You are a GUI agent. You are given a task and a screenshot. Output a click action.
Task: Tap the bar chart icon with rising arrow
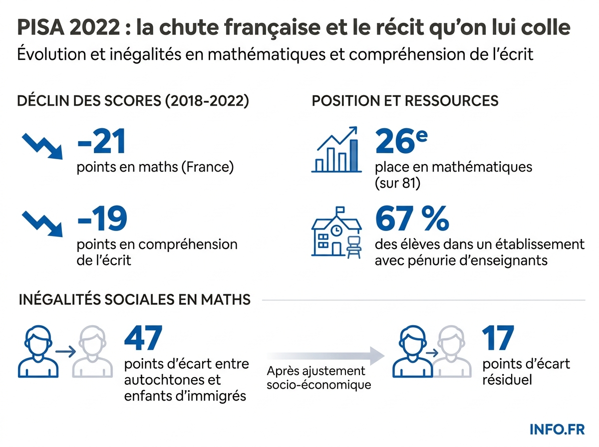(x=335, y=149)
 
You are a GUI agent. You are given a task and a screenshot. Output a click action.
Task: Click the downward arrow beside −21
(x=42, y=145)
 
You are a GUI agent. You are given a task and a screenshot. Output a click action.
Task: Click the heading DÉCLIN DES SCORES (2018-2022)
(x=133, y=101)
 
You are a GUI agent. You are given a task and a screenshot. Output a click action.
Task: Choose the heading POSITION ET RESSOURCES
(x=405, y=101)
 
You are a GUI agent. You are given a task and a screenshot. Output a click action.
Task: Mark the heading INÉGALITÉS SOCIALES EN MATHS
(x=134, y=299)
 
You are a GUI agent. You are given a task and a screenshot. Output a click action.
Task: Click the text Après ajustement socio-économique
(x=318, y=378)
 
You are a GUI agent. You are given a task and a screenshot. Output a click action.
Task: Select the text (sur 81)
(x=398, y=183)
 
